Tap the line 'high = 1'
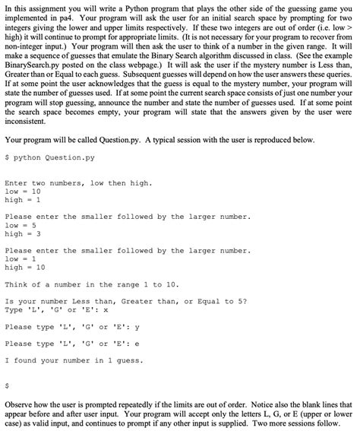click(27, 200)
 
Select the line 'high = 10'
click(29, 267)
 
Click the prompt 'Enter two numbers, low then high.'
click(78, 183)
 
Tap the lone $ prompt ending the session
click(6, 385)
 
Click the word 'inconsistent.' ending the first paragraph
click(27, 123)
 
